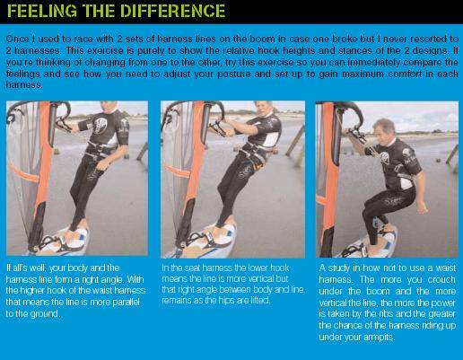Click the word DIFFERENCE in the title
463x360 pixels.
coord(172,11)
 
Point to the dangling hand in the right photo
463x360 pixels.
coord(422,206)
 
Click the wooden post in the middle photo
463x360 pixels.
coord(294,142)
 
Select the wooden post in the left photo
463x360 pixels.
coord(143,152)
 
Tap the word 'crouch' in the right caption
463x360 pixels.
coord(441,279)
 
